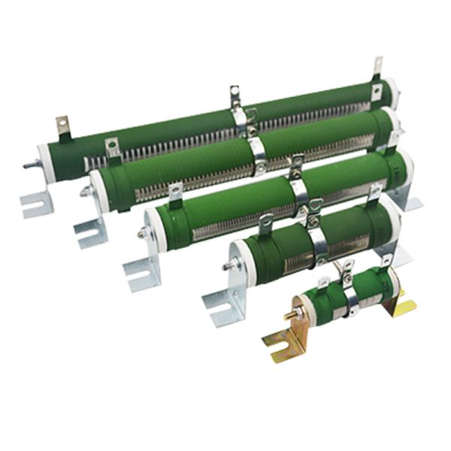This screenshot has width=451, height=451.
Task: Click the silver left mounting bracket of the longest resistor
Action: click(x=34, y=202)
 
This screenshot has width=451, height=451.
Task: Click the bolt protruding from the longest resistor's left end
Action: click(x=29, y=165)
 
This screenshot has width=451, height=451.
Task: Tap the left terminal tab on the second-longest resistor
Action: click(x=113, y=147)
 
